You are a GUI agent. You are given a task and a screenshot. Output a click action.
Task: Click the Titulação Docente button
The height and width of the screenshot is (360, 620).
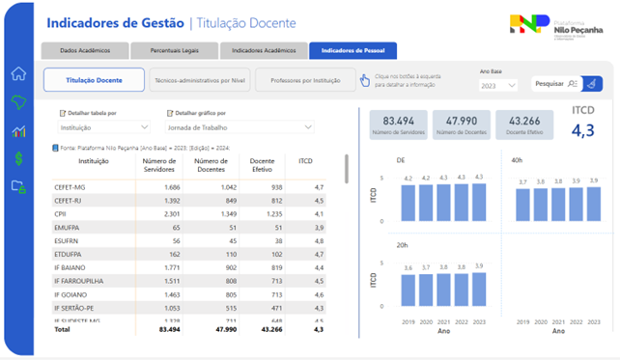94,81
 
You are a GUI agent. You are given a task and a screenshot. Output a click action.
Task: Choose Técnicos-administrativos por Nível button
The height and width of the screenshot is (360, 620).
200,81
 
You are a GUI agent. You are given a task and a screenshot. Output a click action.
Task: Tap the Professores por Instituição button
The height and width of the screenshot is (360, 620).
305,81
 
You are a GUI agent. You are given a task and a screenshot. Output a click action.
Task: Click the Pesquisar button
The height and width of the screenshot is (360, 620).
557,84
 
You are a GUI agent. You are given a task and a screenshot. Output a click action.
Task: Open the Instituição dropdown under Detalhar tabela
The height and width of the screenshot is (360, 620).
104,126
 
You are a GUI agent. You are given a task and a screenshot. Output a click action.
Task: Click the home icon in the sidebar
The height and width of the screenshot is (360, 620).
17,74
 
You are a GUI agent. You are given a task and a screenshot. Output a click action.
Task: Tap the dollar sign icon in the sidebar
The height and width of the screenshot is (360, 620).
17,158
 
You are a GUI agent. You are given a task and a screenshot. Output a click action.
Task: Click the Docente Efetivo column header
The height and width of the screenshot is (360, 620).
261,166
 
